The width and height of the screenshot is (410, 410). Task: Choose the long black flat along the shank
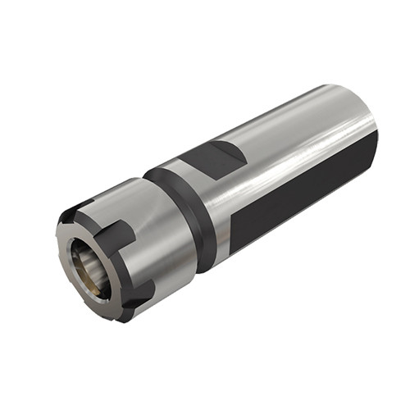303,197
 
